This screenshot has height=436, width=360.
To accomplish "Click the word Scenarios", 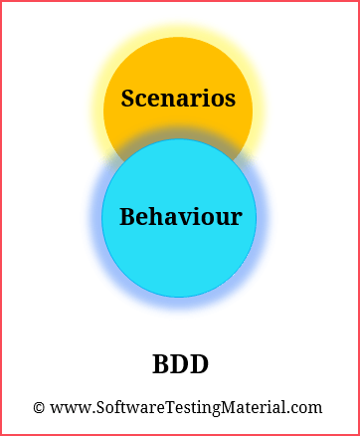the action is point(178,99).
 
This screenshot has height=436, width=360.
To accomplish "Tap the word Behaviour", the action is point(180,216).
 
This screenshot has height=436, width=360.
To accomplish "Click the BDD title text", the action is point(180,364).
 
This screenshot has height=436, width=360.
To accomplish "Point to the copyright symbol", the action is point(39,407).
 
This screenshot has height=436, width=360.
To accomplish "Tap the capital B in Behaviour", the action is point(127,216).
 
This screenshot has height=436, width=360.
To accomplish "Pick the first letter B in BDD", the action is point(161,364).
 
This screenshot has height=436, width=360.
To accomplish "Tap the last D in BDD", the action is point(199,364).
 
